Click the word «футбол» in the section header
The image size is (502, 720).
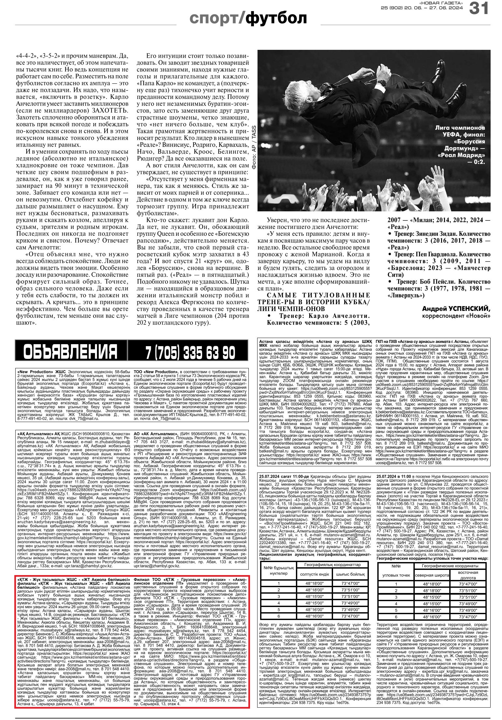tap(276, 18)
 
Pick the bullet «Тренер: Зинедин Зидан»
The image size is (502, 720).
tap(439, 234)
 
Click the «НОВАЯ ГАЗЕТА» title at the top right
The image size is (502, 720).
tap(441, 3)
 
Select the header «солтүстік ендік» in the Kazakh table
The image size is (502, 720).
tap(314, 574)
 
